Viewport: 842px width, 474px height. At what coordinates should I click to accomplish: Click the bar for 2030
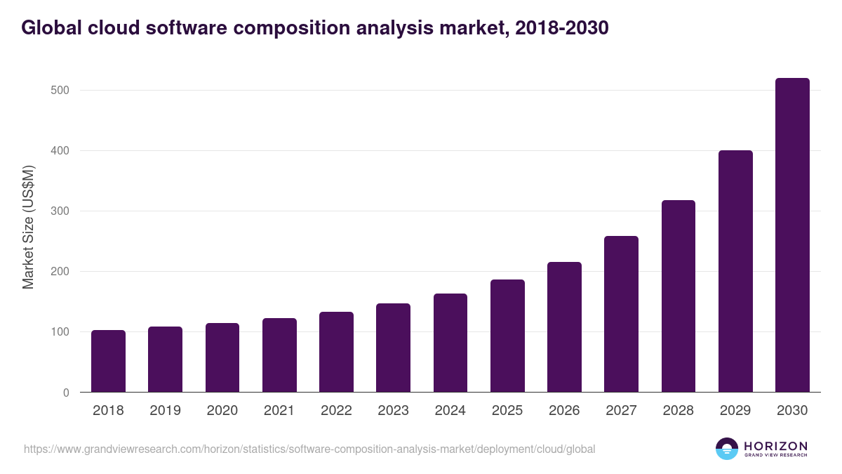pyautogui.click(x=792, y=235)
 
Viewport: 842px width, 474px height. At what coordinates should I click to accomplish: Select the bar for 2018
pyautogui.click(x=108, y=361)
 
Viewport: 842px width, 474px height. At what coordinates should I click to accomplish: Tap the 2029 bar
pyautogui.click(x=735, y=271)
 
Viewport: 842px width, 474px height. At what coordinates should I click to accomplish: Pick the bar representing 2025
pyautogui.click(x=507, y=336)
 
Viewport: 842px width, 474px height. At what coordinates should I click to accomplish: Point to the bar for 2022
pyautogui.click(x=336, y=352)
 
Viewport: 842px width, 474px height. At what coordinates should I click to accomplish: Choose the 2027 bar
pyautogui.click(x=621, y=314)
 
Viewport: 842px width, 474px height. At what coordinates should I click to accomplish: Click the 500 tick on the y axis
pyautogui.click(x=60, y=91)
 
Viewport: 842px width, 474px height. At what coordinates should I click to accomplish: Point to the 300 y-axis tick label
pyautogui.click(x=60, y=211)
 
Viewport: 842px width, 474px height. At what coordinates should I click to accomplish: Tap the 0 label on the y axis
pyautogui.click(x=65, y=393)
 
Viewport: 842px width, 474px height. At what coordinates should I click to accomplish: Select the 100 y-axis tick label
pyautogui.click(x=60, y=332)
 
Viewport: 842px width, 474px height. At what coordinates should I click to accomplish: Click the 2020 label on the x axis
pyautogui.click(x=222, y=411)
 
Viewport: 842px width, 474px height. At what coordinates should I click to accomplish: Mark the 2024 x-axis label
pyautogui.click(x=450, y=411)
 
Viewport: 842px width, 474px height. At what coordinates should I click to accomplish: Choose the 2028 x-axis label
pyautogui.click(x=678, y=411)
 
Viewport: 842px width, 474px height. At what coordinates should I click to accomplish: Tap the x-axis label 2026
pyautogui.click(x=564, y=411)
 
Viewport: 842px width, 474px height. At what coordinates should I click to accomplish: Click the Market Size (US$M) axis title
pyautogui.click(x=28, y=227)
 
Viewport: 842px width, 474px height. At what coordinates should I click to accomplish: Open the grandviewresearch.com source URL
pyautogui.click(x=309, y=449)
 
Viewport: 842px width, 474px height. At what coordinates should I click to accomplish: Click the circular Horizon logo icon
pyautogui.click(x=727, y=449)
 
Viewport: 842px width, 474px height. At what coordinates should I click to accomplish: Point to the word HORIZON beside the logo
pyautogui.click(x=775, y=446)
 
